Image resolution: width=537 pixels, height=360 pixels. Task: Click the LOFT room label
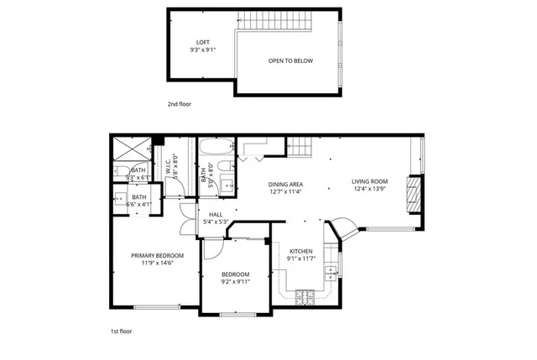click(202, 42)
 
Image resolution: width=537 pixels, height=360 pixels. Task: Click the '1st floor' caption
click(122, 331)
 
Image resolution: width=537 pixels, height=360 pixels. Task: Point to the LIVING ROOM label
click(369, 181)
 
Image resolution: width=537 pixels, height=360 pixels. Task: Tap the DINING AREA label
click(285, 185)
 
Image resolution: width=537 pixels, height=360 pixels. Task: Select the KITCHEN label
click(301, 251)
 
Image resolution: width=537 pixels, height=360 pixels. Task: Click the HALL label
click(216, 215)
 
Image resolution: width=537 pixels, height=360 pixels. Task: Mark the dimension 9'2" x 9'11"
click(236, 282)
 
